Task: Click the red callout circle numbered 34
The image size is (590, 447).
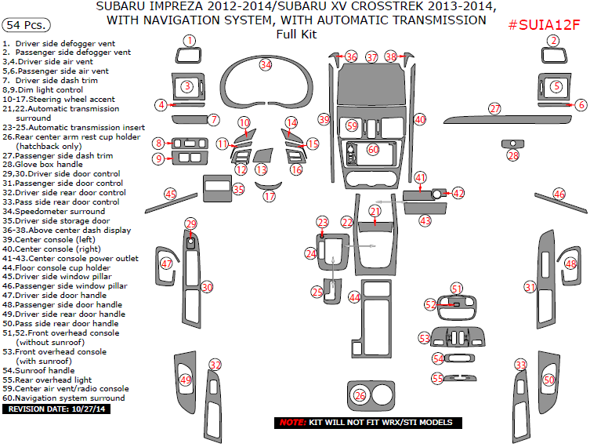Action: (x=266, y=64)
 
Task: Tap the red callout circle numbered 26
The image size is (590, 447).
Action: (x=360, y=395)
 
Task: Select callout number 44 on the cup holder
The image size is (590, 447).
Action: (x=354, y=297)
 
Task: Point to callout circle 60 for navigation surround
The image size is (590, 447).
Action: (x=373, y=149)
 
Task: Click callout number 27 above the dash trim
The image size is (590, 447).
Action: (x=494, y=108)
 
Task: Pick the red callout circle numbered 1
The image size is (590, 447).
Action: (x=189, y=40)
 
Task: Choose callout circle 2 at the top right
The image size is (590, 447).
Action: (x=554, y=40)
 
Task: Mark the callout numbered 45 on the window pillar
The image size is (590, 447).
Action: (x=170, y=194)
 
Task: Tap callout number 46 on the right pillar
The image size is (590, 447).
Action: (x=559, y=194)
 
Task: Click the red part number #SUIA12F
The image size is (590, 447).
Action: (x=544, y=25)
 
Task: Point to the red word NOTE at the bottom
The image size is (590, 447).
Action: (x=294, y=423)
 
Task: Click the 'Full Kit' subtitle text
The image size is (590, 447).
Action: (x=295, y=34)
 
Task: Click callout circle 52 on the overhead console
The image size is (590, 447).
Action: (x=430, y=304)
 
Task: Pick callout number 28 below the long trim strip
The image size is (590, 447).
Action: (x=513, y=156)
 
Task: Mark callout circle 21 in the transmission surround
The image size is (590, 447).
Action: (x=375, y=211)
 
